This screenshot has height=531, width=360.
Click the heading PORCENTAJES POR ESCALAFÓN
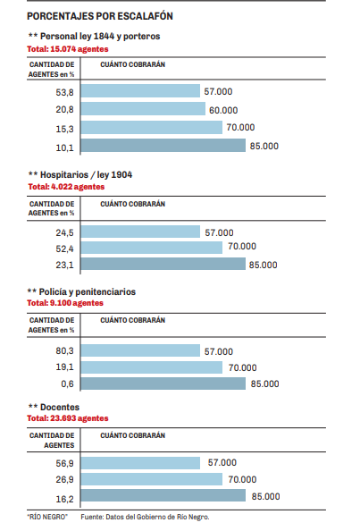point(100,16)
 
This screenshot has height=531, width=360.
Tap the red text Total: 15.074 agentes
point(68,49)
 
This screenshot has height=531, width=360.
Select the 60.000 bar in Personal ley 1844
point(143,109)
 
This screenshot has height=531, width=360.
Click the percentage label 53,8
point(64,92)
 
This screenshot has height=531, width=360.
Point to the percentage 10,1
point(64,147)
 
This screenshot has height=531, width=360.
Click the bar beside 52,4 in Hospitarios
point(152,248)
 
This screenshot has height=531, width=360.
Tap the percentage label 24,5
point(64,232)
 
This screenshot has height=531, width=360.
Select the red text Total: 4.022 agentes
point(66,187)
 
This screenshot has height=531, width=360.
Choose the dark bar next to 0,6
point(163,383)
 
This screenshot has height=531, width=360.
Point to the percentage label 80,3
point(64,350)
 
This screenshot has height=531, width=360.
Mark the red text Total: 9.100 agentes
point(65,303)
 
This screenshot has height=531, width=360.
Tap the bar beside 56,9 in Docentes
point(140,463)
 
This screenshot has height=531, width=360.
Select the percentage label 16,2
point(64,499)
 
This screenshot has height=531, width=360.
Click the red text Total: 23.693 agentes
point(68,418)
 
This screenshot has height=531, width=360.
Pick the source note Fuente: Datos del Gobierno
point(145,517)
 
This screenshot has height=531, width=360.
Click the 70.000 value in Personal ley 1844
point(240,127)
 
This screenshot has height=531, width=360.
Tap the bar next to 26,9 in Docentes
point(152,479)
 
